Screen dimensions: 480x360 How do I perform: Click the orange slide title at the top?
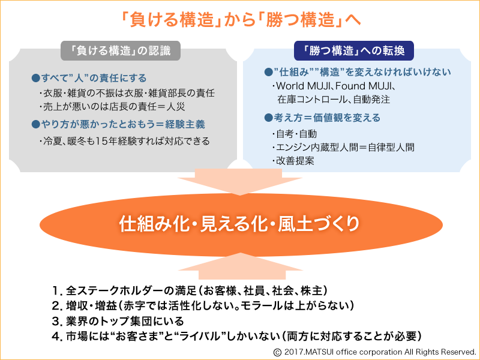tap(241, 20)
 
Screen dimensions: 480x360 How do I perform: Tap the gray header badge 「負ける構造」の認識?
tap(121, 50)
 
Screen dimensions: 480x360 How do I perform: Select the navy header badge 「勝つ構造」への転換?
tap(354, 50)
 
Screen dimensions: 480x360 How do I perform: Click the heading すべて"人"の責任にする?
tap(89, 78)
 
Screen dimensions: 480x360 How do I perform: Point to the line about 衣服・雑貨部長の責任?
tap(127, 93)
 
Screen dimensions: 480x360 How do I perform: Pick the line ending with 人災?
tap(112, 107)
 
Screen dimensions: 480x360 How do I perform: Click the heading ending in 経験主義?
tap(118, 124)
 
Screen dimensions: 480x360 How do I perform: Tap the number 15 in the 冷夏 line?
tap(101, 141)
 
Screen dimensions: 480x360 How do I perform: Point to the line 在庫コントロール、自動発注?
tap(334, 100)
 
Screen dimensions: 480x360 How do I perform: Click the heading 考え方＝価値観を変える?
tap(322, 118)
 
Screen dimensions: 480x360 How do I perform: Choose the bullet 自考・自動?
tap(295, 134)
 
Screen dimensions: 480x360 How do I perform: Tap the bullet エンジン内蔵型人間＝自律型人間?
tap(343, 147)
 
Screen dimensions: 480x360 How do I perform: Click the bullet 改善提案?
tap(293, 161)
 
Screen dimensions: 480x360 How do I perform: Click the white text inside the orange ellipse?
tap(239, 224)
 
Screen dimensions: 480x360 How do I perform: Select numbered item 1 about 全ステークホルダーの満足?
tap(190, 290)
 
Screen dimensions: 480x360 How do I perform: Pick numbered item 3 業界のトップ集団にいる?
tap(118, 321)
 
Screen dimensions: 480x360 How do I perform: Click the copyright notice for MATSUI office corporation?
tap(374, 352)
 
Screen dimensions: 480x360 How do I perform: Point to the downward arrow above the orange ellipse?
tap(240, 181)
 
